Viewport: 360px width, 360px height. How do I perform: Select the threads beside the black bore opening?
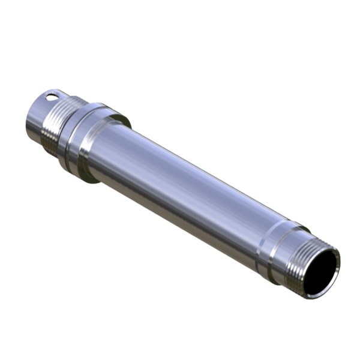(298, 259)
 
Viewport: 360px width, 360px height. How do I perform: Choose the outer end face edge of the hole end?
(28, 120)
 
